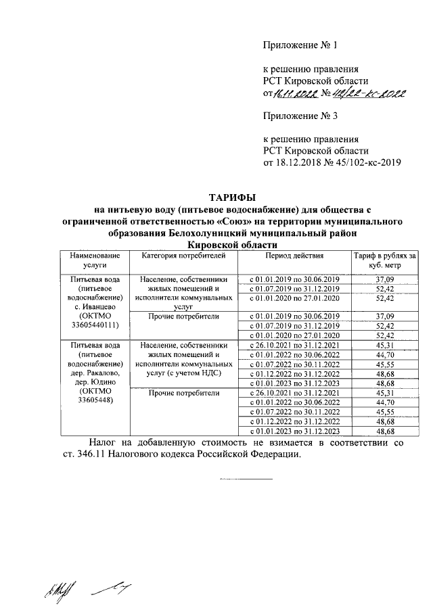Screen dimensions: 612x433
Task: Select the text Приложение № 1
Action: (x=300, y=46)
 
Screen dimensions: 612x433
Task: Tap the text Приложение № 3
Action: (x=300, y=116)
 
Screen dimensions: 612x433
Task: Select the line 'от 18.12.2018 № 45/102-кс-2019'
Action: (x=333, y=163)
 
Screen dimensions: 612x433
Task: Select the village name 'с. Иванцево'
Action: (x=92, y=306)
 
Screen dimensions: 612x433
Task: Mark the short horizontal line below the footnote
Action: (x=244, y=479)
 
